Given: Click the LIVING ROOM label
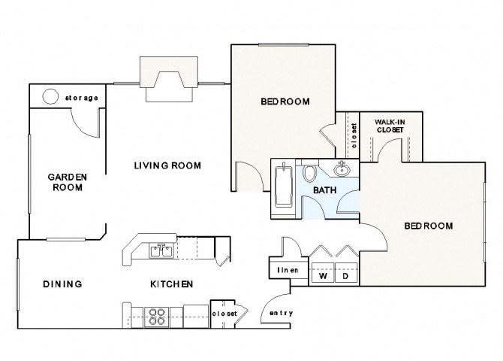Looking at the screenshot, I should pos(167,165).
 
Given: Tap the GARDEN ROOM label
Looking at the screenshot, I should pos(68,182).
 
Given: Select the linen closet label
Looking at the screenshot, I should pos(289,270).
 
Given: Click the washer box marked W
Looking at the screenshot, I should pos(324,276).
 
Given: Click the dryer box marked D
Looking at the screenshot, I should pos(346,276).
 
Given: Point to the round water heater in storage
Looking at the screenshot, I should pos(51,97).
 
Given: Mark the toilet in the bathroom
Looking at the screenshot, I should pos(310,171).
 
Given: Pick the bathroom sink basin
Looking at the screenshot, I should pos(342,168).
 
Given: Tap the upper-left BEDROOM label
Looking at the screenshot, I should pos(285,102).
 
